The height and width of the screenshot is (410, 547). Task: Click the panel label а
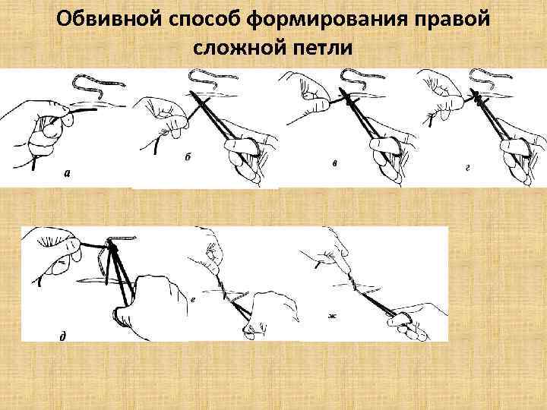click(67, 174)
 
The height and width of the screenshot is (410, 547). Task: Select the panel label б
click(188, 157)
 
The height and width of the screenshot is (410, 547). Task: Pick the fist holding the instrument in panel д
click(148, 300)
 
